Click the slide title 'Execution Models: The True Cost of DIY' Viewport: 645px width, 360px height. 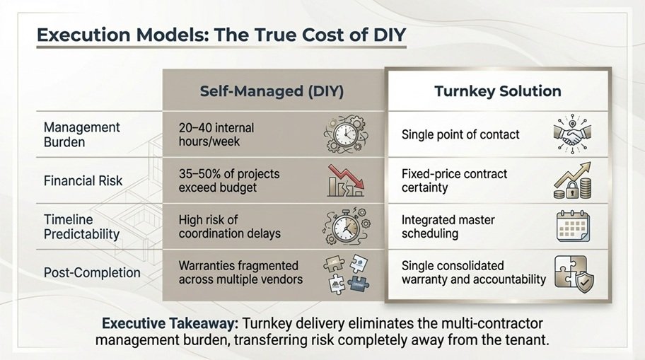coord(221,35)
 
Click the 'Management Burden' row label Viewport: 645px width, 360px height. coord(82,134)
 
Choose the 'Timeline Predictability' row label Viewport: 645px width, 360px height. coord(81,226)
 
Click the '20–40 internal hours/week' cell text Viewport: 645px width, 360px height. coord(216,134)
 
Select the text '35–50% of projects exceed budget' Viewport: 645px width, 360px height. coord(229,180)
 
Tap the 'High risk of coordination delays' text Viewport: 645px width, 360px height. coord(230,226)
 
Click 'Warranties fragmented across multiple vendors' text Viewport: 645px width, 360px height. coord(238,272)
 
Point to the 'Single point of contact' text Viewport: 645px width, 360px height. coord(460,134)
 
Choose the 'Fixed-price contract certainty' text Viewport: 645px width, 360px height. coord(455,180)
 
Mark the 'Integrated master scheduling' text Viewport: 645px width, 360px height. coord(448,226)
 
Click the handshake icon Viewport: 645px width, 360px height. coord(573,134)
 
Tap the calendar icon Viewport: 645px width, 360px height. coord(574,226)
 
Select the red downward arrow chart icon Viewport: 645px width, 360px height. coord(347,181)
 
